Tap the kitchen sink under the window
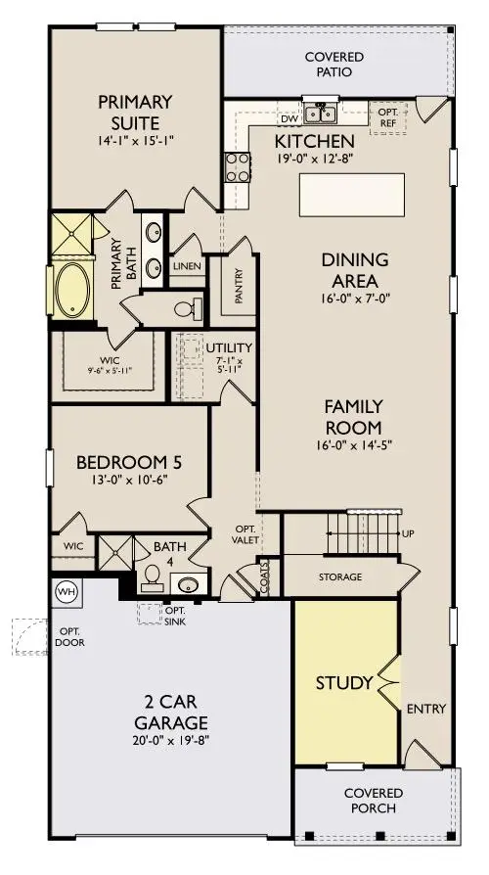click(319, 115)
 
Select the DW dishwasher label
click(289, 118)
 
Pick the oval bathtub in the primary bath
click(71, 288)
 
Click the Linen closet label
click(187, 266)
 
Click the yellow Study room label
click(344, 682)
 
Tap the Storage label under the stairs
click(339, 577)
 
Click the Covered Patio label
click(333, 65)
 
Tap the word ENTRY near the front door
click(427, 709)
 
